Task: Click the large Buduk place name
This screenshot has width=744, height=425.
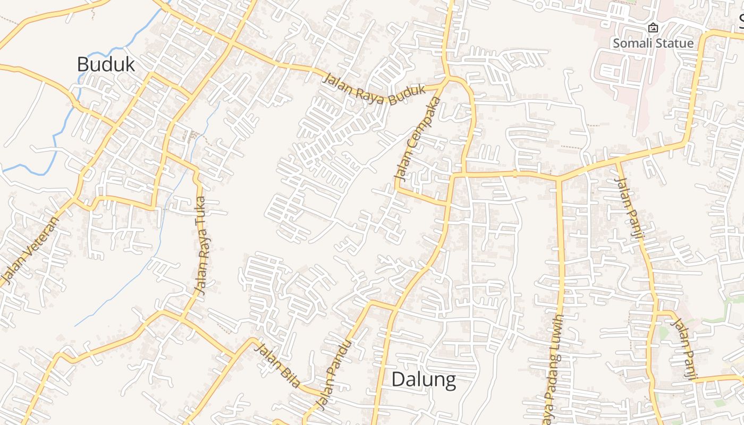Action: (106, 64)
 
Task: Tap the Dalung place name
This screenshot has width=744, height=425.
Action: (424, 380)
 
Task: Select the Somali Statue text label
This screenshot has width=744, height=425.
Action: (653, 43)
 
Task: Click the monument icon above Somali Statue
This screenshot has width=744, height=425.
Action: (653, 28)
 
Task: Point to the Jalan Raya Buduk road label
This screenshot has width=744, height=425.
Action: (375, 89)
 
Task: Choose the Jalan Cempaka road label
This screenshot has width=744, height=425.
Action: (418, 138)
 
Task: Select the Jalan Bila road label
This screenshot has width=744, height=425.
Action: (277, 365)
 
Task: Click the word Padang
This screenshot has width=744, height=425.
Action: (552, 372)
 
